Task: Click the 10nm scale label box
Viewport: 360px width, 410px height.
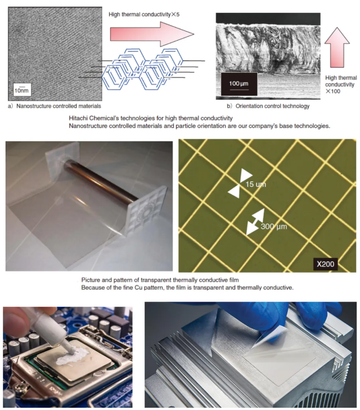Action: [22, 90]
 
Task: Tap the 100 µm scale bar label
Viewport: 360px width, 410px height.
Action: [238, 84]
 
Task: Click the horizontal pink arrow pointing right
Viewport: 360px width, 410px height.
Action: [152, 34]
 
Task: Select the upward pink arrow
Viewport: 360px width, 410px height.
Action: [337, 47]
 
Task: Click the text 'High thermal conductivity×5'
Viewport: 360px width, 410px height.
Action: [144, 15]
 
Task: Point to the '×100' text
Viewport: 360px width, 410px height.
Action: [333, 91]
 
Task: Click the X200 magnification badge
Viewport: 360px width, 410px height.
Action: [325, 264]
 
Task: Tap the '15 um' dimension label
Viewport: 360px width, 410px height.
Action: [255, 184]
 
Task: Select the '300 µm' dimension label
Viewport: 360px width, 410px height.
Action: [273, 226]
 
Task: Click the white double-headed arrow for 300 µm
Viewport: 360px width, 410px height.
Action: [255, 222]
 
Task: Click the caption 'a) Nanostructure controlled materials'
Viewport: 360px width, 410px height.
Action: [55, 106]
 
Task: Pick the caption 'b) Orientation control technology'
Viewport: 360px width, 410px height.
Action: [268, 106]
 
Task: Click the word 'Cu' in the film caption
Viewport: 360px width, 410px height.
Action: [138, 288]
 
